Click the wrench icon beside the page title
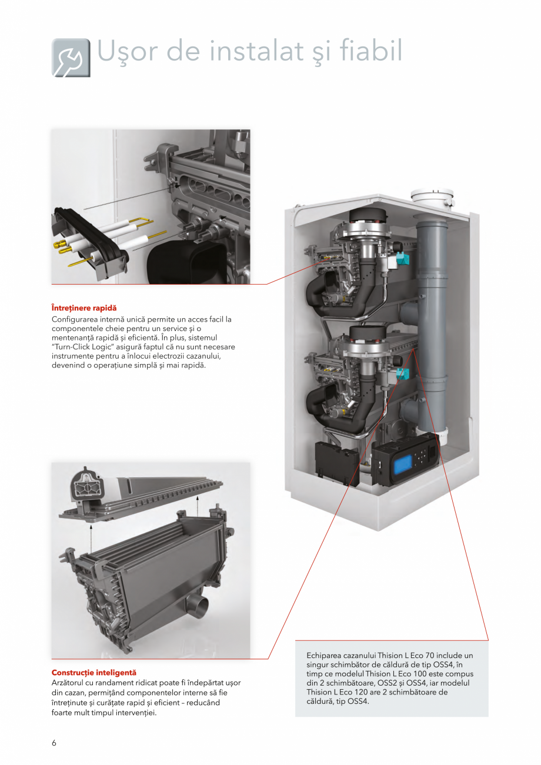pos(71,58)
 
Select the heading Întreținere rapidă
pos(84,308)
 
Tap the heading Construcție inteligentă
pos(94,673)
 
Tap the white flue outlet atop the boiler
pos(433,199)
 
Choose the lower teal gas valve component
pos(402,375)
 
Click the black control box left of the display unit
pos(337,463)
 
